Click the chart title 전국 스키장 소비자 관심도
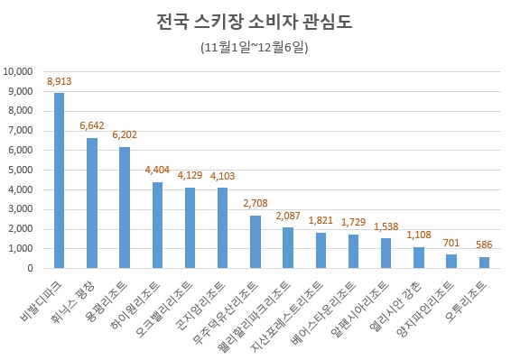tap(255, 22)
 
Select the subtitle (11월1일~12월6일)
tap(255, 47)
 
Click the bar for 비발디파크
tap(60, 180)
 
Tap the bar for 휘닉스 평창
tap(92, 203)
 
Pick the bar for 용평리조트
tap(125, 208)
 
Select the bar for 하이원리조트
tap(157, 225)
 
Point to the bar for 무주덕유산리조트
tap(255, 242)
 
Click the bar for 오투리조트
tap(484, 263)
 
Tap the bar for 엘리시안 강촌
tap(419, 257)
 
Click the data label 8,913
tap(59, 82)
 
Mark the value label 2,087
tap(287, 217)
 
